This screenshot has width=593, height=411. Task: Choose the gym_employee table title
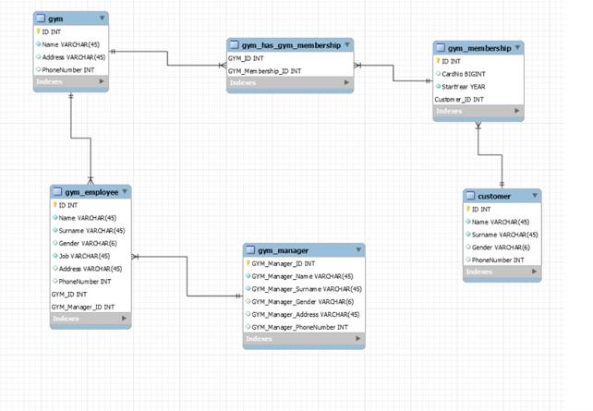coord(90,191)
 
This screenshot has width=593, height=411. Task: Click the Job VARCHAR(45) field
coord(86,256)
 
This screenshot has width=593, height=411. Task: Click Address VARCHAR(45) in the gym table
coord(72,56)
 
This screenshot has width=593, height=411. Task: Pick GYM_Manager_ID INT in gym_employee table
coord(83,306)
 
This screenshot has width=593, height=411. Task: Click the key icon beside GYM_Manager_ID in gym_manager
coord(248,263)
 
